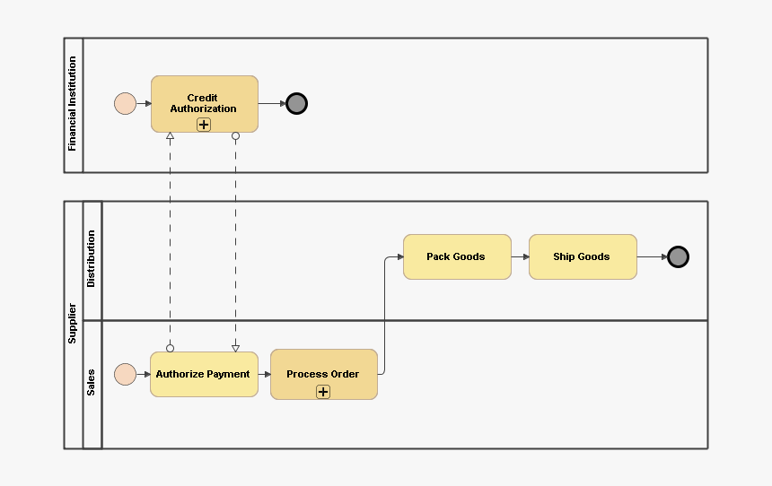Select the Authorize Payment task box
tap(204, 374)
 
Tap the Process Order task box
tap(323, 369)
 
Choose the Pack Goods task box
tap(457, 256)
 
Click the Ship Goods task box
tap(583, 256)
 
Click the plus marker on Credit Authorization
tap(204, 125)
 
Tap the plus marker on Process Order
tap(323, 392)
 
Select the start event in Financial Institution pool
tap(125, 104)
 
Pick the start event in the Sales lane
tap(125, 374)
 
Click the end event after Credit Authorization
tap(297, 104)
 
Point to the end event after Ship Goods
tap(679, 257)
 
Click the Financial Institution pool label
tap(74, 104)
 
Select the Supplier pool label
tap(73, 324)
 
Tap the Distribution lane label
tap(92, 260)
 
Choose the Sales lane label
tap(92, 383)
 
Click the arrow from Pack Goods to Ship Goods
tap(520, 256)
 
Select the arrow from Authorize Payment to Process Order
tap(264, 374)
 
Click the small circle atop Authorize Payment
tap(170, 348)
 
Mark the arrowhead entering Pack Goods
tap(399, 257)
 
